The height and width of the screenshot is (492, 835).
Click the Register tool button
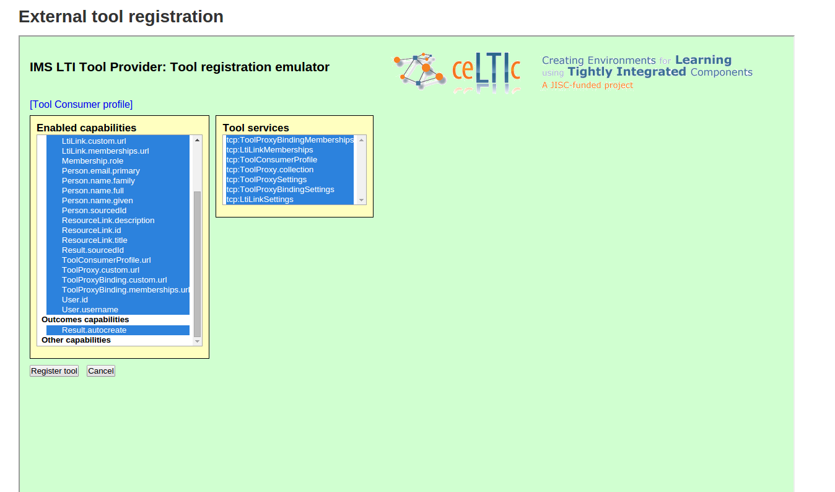(54, 371)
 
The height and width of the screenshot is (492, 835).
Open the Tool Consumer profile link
(81, 105)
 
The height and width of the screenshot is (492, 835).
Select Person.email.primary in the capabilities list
(100, 171)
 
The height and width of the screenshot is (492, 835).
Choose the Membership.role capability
(92, 160)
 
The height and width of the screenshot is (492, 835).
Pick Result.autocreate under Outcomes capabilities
(94, 330)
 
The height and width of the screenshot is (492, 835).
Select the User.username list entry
(90, 310)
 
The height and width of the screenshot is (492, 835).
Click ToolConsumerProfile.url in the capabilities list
(107, 260)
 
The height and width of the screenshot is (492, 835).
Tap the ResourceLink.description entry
(108, 221)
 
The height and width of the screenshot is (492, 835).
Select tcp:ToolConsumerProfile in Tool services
(272, 160)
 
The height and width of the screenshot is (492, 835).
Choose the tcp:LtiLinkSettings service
(260, 200)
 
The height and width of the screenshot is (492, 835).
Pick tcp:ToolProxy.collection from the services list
(270, 170)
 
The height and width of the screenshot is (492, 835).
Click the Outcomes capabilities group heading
(85, 320)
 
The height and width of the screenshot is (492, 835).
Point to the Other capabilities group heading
(76, 340)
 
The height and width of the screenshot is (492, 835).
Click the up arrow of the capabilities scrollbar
(197, 140)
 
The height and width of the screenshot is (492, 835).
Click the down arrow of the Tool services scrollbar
(361, 200)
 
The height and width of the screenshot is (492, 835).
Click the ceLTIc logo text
(486, 69)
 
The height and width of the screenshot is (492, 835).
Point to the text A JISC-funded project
(587, 86)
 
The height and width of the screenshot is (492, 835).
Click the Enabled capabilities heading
(87, 128)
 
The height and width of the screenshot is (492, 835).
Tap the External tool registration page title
(121, 17)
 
